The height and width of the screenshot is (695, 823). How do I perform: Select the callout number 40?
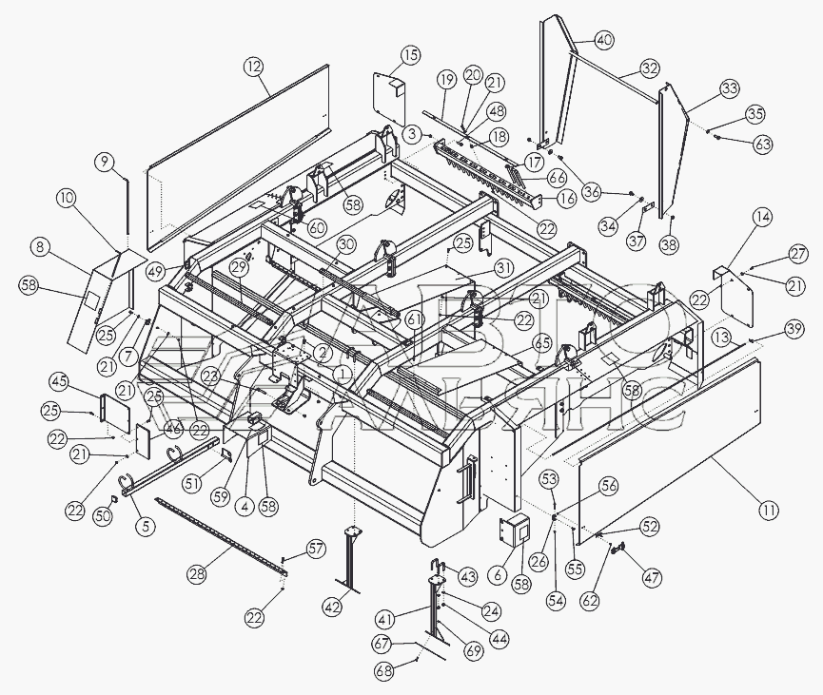pyautogui.click(x=605, y=40)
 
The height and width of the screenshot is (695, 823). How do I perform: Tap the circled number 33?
pyautogui.click(x=730, y=88)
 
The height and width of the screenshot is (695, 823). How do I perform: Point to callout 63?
pyautogui.click(x=763, y=145)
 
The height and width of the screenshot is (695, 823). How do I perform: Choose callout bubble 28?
pyautogui.click(x=198, y=575)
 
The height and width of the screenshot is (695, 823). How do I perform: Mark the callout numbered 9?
pyautogui.click(x=104, y=163)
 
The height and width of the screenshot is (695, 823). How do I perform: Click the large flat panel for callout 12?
pyautogui.click(x=238, y=152)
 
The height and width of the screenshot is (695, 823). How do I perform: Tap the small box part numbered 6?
pyautogui.click(x=517, y=533)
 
